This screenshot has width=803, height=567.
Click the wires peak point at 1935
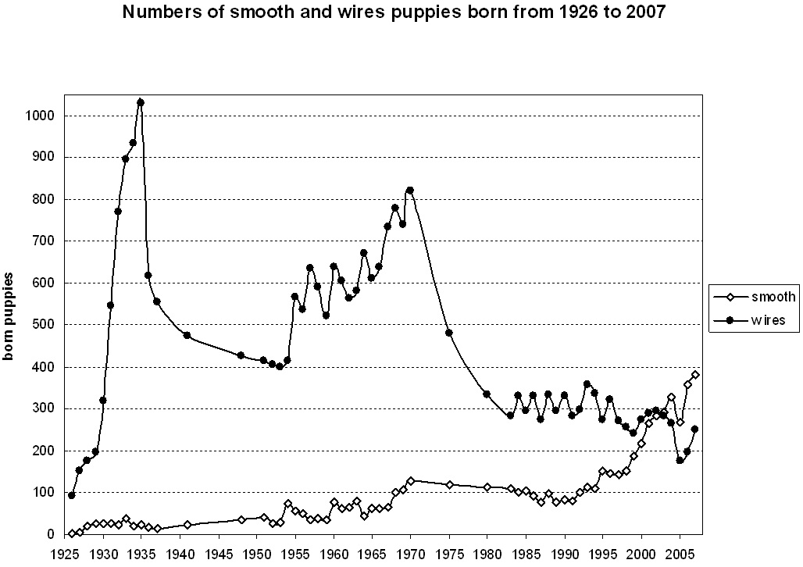[141, 102]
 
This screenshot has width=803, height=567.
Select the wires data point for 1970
[410, 191]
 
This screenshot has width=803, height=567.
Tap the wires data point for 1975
[449, 333]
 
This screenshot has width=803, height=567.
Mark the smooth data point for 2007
[695, 375]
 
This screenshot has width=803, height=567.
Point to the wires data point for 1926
[72, 496]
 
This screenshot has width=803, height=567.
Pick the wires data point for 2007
[695, 430]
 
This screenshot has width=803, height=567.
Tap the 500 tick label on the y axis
[41, 325]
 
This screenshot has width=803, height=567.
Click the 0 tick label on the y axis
[48, 535]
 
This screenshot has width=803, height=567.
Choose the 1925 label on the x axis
[65, 553]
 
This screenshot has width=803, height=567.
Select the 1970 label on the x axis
[410, 553]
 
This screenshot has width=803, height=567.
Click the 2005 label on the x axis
[679, 553]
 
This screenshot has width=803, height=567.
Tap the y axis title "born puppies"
[10, 316]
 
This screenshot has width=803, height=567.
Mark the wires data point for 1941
[187, 335]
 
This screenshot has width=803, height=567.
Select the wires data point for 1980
[487, 394]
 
